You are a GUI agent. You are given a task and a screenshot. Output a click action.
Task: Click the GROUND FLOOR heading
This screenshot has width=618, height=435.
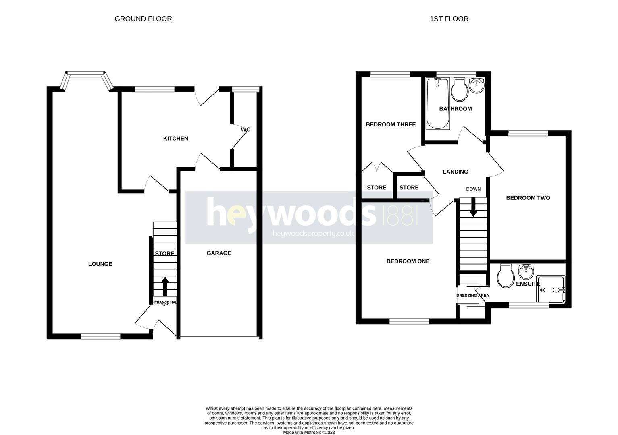143,19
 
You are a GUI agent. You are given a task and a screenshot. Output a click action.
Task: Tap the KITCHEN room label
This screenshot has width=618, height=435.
175,139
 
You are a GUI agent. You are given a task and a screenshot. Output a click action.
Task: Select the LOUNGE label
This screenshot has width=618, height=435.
100,264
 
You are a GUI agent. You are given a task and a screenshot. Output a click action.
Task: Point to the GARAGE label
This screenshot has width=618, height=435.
219,253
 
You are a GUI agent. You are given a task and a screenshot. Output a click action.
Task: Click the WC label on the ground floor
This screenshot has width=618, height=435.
246,130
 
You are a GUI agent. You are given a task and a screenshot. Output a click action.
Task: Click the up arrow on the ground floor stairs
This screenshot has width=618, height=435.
165,286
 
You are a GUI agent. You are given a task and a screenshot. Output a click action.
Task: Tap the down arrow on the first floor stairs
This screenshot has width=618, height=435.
472,207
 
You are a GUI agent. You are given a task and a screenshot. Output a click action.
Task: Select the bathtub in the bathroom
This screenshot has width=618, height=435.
438,104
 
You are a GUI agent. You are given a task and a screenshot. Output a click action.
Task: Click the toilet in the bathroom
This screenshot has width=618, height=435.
459,90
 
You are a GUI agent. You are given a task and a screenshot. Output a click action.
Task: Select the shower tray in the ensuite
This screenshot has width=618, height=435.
551,289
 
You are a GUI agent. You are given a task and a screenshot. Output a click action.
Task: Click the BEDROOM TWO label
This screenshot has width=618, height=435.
528,198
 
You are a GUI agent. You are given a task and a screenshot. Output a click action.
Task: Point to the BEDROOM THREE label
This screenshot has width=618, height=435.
391,124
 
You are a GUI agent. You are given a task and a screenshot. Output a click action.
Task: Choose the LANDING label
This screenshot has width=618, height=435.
456,172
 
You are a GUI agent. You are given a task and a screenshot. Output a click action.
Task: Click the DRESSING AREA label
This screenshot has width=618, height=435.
472,296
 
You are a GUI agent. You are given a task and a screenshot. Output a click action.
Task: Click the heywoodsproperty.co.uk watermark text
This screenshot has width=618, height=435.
313,234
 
